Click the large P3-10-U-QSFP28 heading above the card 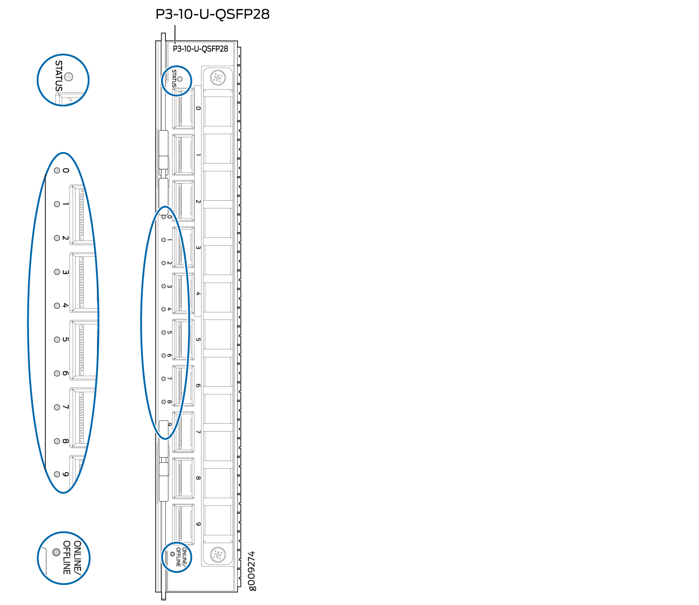click(x=212, y=14)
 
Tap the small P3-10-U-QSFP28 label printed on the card click(x=200, y=49)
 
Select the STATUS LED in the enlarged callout click(x=69, y=77)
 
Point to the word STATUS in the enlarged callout click(x=59, y=76)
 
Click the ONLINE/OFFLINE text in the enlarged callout click(x=72, y=558)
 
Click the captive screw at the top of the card click(x=217, y=78)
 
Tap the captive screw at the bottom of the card click(x=217, y=555)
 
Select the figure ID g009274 click(x=251, y=571)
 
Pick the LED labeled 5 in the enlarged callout click(x=57, y=340)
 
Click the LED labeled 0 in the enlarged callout click(x=57, y=170)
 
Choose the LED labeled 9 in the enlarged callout click(x=57, y=474)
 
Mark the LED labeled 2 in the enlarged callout click(x=57, y=238)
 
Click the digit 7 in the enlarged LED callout click(x=65, y=407)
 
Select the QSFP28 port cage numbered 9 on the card click(x=183, y=524)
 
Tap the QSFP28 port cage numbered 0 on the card click(x=183, y=108)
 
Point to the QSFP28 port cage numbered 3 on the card click(x=183, y=247)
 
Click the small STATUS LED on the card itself click(x=180, y=79)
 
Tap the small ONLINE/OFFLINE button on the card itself click(x=173, y=554)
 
